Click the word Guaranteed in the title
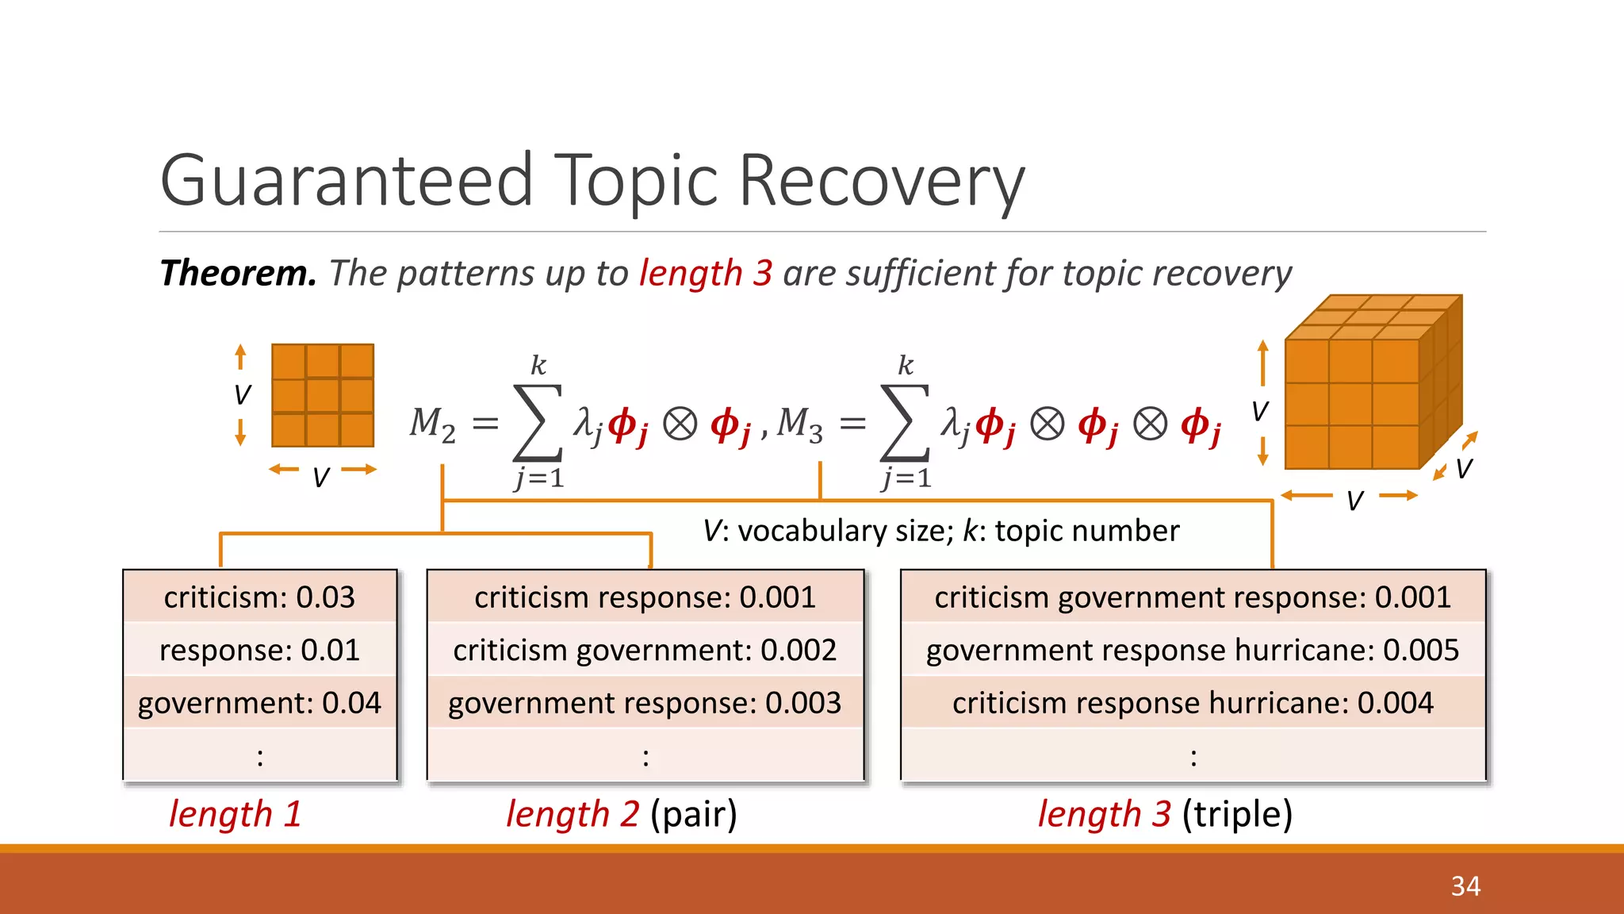(x=347, y=181)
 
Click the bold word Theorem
(x=238, y=273)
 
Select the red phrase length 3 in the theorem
(x=705, y=273)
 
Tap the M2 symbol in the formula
(x=432, y=424)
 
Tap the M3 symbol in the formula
(x=799, y=424)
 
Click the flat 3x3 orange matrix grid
(x=323, y=395)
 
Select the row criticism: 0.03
(x=259, y=597)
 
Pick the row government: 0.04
(x=259, y=703)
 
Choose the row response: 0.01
(x=259, y=651)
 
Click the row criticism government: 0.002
(x=645, y=651)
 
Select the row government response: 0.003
(x=645, y=703)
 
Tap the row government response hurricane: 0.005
(x=1192, y=651)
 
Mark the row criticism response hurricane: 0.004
(x=1192, y=703)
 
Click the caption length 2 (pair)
(x=622, y=814)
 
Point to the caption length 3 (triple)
(x=1165, y=814)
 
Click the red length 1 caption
(x=236, y=814)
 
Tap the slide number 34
(x=1465, y=886)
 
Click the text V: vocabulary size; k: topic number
(x=941, y=531)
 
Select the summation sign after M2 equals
(x=538, y=423)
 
